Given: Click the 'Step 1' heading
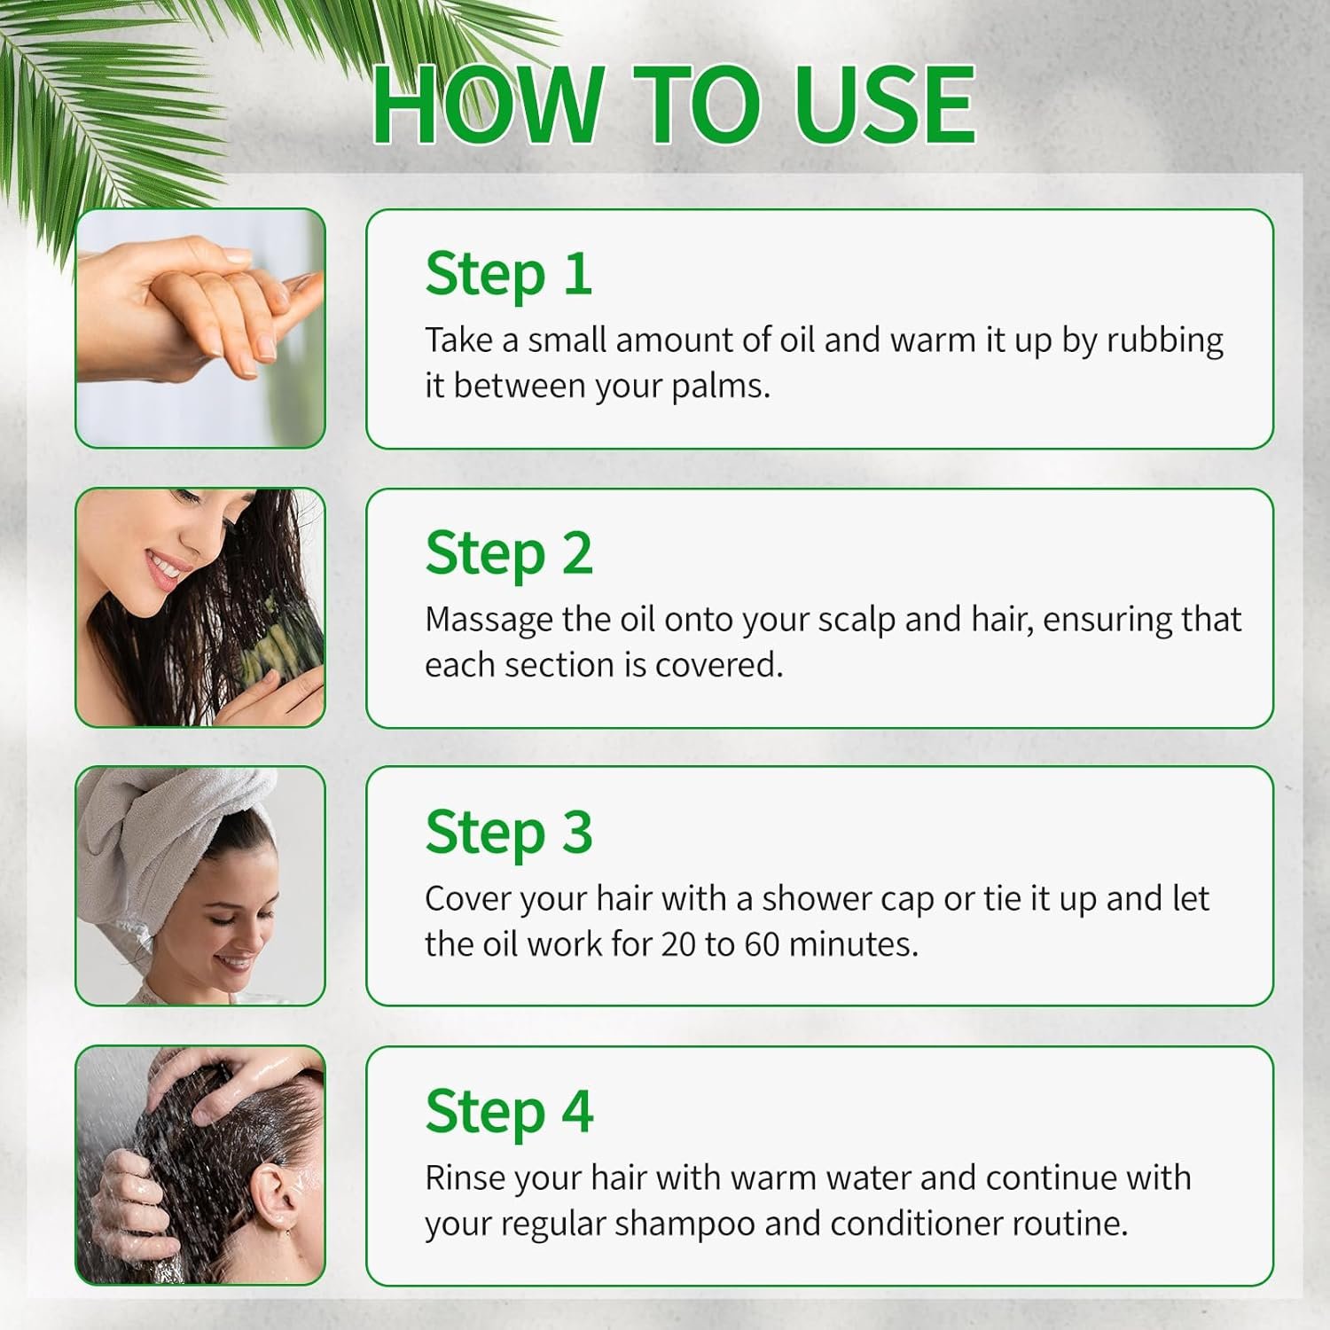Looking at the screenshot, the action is click(508, 274).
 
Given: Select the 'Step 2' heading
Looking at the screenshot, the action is click(509, 553).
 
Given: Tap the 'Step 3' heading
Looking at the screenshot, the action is click(509, 833).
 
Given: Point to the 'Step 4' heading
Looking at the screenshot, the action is click(509, 1112).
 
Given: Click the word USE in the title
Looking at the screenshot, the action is click(884, 105).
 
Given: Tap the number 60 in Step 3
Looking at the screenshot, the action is click(762, 944).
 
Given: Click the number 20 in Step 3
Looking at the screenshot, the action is click(678, 944).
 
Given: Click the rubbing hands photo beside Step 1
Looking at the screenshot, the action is click(200, 328).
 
